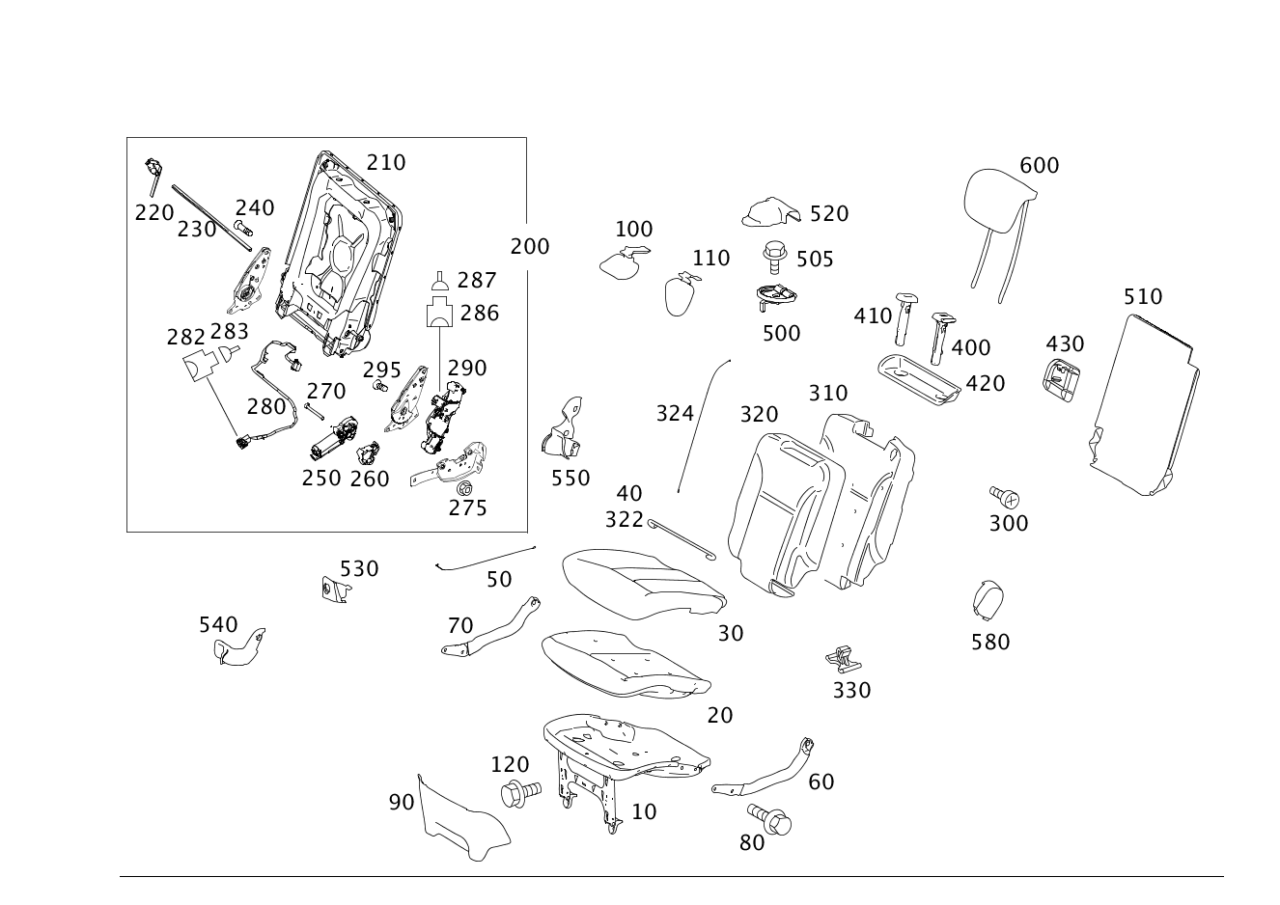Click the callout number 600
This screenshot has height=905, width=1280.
[1039, 166]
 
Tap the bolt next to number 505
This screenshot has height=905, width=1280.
[776, 258]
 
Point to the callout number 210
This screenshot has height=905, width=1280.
[386, 163]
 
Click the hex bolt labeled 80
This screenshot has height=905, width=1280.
[769, 819]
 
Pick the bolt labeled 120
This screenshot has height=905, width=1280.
[520, 792]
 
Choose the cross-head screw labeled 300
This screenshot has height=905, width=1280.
[1005, 497]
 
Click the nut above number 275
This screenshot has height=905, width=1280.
[463, 488]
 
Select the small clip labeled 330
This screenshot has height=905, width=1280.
[844, 660]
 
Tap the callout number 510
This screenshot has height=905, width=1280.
[1143, 297]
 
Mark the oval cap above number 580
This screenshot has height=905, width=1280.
[988, 600]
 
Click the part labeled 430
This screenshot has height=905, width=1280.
[1061, 379]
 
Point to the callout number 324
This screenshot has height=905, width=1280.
[675, 413]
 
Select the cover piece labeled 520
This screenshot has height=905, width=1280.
[771, 212]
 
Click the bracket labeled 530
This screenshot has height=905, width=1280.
[335, 590]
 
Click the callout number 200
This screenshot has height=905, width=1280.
[530, 247]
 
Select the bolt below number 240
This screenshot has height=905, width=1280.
[243, 227]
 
